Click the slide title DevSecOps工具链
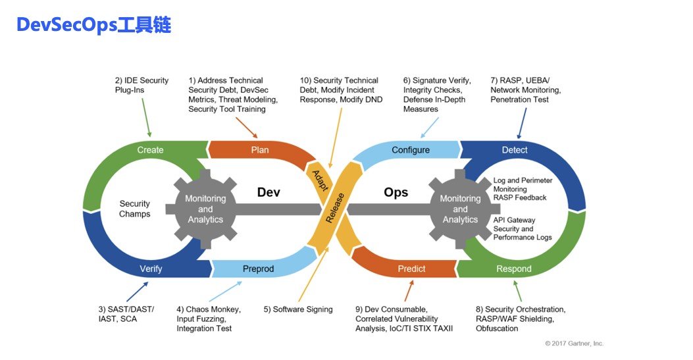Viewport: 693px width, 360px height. pos(93,26)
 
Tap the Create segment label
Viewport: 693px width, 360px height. pos(150,150)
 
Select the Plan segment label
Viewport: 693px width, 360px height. pos(260,150)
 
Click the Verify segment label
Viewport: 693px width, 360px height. pos(151,269)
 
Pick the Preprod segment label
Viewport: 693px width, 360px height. pos(258,269)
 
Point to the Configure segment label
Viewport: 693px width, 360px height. pos(411,150)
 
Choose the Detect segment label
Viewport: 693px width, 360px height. pos(515,150)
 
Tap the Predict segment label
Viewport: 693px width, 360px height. pos(412,269)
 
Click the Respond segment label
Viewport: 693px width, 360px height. pos(514,269)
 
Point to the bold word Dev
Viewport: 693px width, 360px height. pos(269,192)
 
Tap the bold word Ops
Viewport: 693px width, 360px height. pos(396,192)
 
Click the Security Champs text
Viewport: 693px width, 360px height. pos(135,209)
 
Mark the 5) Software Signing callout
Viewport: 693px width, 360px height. pos(298,309)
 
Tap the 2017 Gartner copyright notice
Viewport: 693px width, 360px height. pos(574,344)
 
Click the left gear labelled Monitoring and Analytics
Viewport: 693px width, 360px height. pos(205,209)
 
